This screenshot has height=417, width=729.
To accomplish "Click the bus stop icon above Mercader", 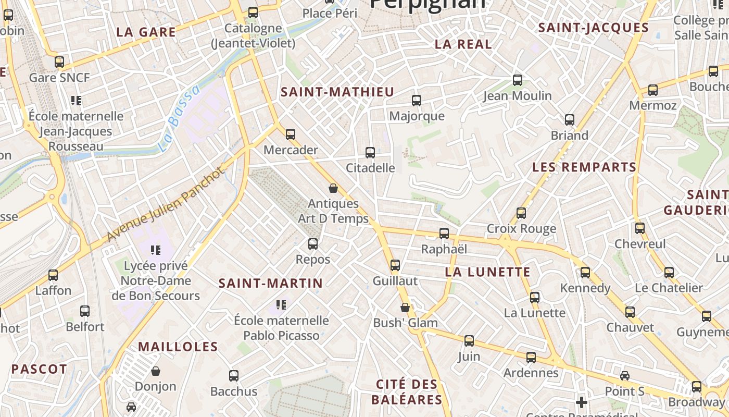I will coord(291,134).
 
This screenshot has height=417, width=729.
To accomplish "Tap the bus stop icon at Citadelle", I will coord(370,153).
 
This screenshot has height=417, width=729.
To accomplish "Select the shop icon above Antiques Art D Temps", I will coord(333,188).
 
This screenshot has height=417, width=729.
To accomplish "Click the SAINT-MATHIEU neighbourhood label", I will coord(337,92).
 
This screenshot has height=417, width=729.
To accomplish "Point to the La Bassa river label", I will coord(179,118).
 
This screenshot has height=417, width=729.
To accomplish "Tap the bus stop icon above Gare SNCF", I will coord(59,62).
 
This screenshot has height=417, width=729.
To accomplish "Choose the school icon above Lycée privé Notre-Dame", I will coord(155,250).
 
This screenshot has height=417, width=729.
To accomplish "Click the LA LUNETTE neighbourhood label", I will coord(488,272).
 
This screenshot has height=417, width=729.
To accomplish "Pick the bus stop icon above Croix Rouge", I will coord(521,213).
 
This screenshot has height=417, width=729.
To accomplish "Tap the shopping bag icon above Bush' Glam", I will coord(405,308).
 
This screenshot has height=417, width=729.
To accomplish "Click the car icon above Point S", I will coord(625,376).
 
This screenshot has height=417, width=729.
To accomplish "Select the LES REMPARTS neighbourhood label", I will coord(584,167).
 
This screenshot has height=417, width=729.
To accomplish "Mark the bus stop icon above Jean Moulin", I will coord(518,80).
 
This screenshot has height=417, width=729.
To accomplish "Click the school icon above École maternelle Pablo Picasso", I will coord(281,304).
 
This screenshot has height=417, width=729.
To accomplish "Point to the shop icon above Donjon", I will coord(155,371).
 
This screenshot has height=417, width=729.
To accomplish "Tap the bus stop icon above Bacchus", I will coord(234,375).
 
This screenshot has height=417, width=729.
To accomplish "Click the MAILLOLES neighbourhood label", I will coord(178,347).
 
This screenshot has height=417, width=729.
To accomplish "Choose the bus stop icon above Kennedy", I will coord(585,272).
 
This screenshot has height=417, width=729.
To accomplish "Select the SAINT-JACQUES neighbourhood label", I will coord(593,28).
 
